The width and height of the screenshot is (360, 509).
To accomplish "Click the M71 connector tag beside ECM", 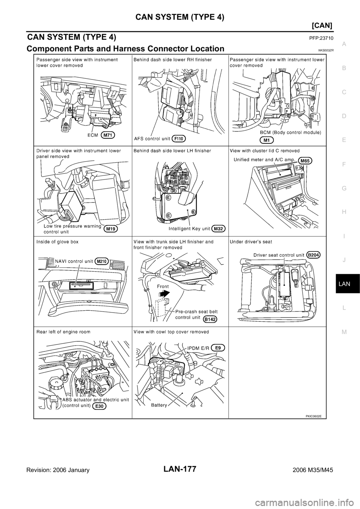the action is [x=108, y=135].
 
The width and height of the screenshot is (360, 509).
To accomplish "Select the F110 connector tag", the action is [x=179, y=138].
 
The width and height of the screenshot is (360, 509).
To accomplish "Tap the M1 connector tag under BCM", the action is [x=267, y=141].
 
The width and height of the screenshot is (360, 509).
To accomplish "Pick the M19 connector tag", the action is [x=111, y=229].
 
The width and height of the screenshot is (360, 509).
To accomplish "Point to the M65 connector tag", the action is [x=305, y=161].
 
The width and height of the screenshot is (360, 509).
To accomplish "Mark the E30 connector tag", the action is [x=100, y=406].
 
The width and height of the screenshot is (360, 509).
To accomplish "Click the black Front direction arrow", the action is [x=165, y=293].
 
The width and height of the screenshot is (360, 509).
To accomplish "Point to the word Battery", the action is [x=159, y=405].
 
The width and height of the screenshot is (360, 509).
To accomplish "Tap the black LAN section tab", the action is [x=348, y=283].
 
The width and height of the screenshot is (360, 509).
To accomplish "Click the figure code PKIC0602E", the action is [x=313, y=416].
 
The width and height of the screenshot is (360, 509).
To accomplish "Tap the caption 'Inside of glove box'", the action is [x=57, y=242].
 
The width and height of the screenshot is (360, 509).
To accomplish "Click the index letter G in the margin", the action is [x=344, y=188].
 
